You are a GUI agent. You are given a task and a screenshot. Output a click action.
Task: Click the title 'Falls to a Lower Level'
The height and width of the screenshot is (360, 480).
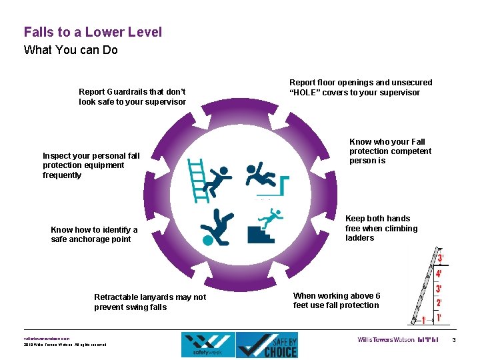pos(93,32)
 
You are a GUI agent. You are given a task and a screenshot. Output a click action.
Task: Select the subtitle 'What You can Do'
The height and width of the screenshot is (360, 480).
pos(71,50)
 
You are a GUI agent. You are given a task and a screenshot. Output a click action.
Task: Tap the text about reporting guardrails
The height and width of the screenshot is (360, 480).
pos(132,97)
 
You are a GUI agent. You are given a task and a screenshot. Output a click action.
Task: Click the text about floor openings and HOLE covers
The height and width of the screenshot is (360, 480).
pos(360,87)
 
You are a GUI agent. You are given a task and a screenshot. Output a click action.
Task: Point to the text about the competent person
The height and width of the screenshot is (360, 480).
pos(390,151)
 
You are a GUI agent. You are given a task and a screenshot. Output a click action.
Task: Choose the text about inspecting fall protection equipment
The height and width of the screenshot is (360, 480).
pos(91,165)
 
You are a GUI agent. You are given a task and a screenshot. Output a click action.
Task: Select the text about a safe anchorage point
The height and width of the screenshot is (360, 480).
pos(94,235)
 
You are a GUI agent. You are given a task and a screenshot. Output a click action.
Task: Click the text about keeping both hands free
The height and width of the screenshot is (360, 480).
pos(381,228)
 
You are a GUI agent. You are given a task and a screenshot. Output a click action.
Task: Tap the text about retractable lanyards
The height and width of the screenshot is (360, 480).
pos(150,302)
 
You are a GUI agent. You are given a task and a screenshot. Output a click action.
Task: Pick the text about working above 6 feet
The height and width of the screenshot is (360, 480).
pos(337,301)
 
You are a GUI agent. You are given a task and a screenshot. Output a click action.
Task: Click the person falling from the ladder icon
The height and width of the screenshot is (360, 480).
pos(209,178)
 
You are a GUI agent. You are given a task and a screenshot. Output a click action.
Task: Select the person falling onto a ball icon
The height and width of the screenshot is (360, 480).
pos(217,227)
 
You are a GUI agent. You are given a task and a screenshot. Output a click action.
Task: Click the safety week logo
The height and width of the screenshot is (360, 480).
pos(207,344)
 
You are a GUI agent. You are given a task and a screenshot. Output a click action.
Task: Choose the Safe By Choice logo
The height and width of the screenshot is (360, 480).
pos(267,344)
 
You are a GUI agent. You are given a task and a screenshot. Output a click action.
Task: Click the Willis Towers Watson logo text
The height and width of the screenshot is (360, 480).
pos(385,340)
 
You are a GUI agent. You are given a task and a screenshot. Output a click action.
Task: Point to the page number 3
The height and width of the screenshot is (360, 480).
pos(453,341)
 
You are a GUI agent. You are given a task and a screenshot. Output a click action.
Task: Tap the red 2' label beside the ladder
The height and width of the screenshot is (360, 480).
pos(439,303)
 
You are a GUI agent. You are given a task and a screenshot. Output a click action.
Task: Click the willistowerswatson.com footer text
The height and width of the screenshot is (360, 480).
pos(46,338)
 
